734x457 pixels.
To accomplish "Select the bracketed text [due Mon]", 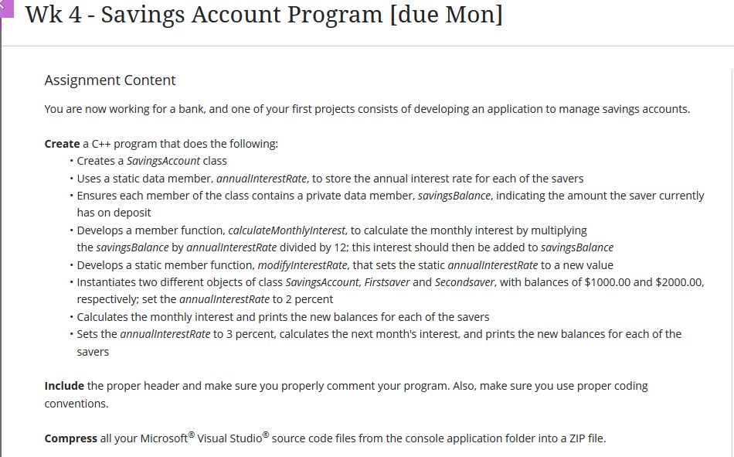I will coord(448,15).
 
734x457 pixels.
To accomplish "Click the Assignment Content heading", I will coord(110,80).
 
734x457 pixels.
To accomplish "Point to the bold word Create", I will coord(62,144).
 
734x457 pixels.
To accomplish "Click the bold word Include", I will coord(64,386).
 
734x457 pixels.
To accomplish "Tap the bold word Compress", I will coord(70,438).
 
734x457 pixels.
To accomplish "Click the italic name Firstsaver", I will coord(384,282).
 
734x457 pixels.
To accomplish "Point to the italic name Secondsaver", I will coord(464,282).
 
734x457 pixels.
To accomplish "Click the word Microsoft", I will coord(164,438).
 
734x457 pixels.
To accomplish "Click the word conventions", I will coord(76,404).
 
